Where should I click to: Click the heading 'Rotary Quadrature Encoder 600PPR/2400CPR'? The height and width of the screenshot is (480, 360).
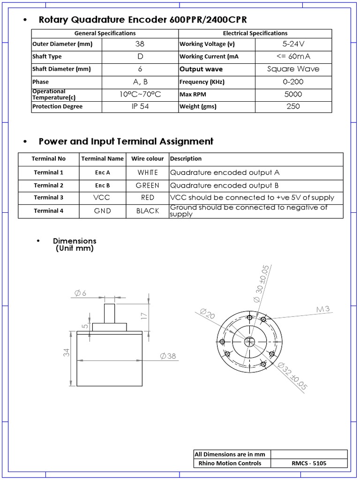point(142,20)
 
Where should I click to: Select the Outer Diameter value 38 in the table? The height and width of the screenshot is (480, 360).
point(140,44)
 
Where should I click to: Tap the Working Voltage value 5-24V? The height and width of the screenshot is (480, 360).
point(293,44)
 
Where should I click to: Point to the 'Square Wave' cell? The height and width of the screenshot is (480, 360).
point(293,69)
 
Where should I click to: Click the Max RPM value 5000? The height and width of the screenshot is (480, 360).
point(293,94)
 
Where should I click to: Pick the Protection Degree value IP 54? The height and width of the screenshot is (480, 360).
point(140,106)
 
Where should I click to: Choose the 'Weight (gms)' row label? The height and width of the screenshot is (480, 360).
point(197,106)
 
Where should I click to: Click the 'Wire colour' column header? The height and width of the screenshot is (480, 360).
point(148,158)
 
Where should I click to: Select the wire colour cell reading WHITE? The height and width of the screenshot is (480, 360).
point(148,172)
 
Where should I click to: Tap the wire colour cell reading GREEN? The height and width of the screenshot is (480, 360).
point(148,185)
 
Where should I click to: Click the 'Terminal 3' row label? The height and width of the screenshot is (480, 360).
point(48,198)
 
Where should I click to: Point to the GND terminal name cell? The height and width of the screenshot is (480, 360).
point(102,211)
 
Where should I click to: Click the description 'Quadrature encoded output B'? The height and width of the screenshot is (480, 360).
point(225,185)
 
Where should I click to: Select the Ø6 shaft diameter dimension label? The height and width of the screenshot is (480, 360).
point(80,293)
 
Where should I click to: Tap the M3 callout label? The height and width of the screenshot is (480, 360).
point(323,309)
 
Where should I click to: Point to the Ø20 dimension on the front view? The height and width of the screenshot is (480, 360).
point(207,314)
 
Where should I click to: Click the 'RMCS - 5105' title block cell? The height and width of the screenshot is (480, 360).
point(309,464)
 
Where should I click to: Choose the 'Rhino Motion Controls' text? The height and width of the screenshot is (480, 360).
point(230,464)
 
